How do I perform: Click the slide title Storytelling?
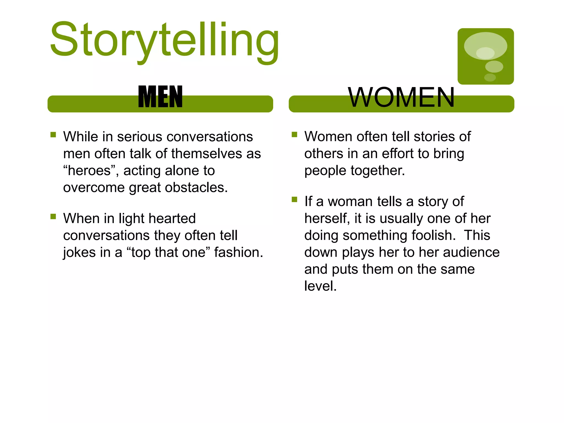[x=164, y=40]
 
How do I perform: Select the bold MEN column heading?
[x=160, y=97]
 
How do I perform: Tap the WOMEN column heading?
[x=401, y=97]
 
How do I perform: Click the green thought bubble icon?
[x=486, y=56]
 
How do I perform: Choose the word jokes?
[x=79, y=253]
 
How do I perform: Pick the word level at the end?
[x=320, y=286]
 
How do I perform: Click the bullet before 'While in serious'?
[x=53, y=135]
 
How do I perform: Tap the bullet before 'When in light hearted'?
[x=53, y=216]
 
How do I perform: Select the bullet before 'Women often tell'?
[x=294, y=135]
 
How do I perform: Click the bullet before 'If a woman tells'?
[x=294, y=199]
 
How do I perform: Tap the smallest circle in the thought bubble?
[x=490, y=77]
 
